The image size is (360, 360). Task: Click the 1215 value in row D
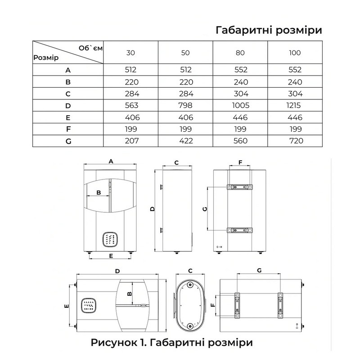coord(293,105)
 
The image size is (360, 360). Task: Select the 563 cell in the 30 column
coord(131,105)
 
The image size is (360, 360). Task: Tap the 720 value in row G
coord(296,141)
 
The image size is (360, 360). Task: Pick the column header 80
coord(240,53)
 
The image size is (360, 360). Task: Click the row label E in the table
coord(68,117)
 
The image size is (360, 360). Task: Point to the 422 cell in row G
coord(186,141)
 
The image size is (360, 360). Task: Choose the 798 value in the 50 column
coord(185,105)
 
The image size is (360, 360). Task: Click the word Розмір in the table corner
coord(46,58)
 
